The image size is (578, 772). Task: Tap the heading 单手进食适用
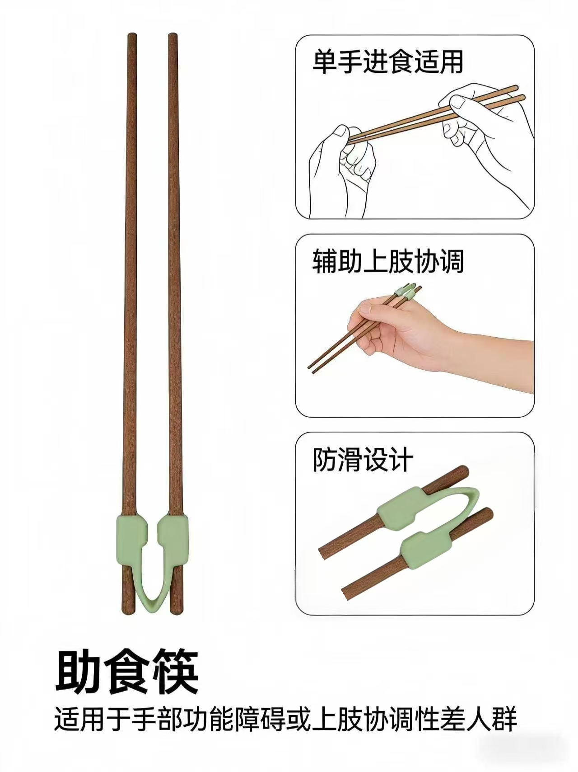point(388,62)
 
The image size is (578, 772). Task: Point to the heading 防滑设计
point(363,460)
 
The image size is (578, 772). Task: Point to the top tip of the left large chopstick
point(132,34)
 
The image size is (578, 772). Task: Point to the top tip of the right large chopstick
point(172,34)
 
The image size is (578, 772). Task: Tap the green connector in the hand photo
point(406,292)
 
